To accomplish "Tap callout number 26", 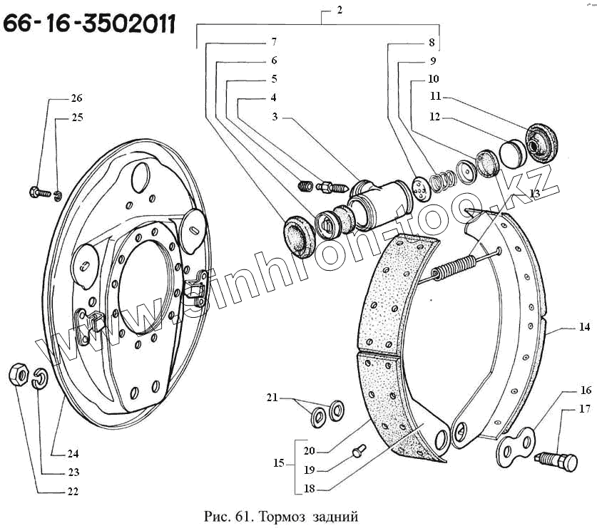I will point(76,98).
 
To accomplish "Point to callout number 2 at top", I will point(340,10).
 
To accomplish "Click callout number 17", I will point(586,409).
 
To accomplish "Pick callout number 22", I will point(73,491).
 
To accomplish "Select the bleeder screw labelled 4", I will point(334,189).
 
